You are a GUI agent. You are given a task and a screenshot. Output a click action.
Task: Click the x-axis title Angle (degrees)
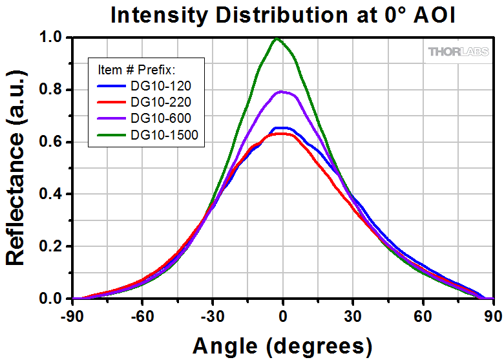coord(282,344)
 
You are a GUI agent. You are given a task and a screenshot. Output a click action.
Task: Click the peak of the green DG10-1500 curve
coord(278,38)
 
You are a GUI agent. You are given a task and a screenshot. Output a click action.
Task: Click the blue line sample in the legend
coord(112,86)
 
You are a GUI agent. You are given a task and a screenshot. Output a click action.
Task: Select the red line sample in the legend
coord(112,102)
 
